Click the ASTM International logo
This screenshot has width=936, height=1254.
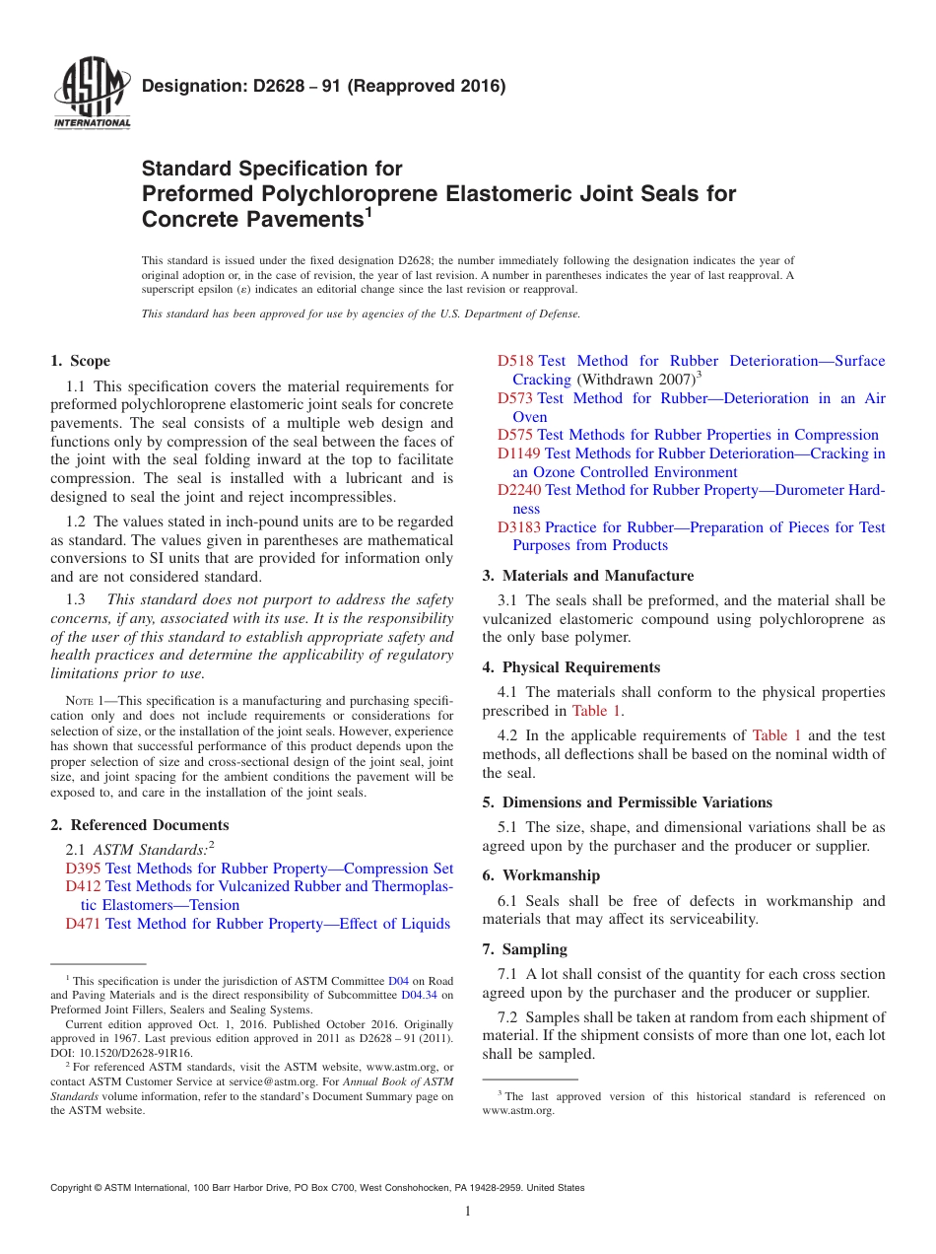pyautogui.click(x=92, y=97)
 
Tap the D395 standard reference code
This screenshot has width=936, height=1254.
pyautogui.click(x=83, y=869)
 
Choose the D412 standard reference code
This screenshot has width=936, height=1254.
pyautogui.click(x=83, y=886)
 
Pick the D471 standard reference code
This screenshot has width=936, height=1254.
pyautogui.click(x=83, y=924)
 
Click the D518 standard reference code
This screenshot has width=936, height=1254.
pyautogui.click(x=515, y=361)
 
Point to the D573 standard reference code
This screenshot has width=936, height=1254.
pyautogui.click(x=515, y=398)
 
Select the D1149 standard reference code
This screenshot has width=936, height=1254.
pyautogui.click(x=519, y=453)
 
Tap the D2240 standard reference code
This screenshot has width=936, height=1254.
pyautogui.click(x=519, y=490)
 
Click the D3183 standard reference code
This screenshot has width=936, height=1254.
pyautogui.click(x=519, y=527)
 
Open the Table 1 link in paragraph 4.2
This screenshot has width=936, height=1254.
pyautogui.click(x=776, y=735)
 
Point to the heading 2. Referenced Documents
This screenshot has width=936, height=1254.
pyautogui.click(x=139, y=825)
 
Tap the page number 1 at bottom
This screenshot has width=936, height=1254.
pyautogui.click(x=468, y=1212)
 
